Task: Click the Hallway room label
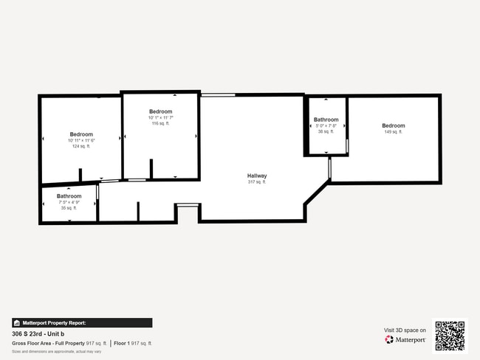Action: tap(257, 176)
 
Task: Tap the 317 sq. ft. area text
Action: tap(257, 181)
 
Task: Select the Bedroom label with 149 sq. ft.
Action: tap(393, 126)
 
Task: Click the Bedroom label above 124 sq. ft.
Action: tap(81, 134)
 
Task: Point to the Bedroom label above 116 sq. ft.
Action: tap(160, 111)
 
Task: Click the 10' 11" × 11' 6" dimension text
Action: tap(81, 140)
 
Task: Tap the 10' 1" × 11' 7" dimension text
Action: tap(160, 117)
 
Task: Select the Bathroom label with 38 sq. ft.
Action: tap(326, 120)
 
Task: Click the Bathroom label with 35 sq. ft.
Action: tap(69, 196)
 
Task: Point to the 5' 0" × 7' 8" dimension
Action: tap(326, 125)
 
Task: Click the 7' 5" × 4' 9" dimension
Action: tap(69, 202)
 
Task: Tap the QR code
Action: tap(450, 335)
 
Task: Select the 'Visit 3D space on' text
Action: tap(405, 330)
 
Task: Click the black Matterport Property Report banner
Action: tap(82, 322)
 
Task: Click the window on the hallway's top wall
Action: tap(218, 94)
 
